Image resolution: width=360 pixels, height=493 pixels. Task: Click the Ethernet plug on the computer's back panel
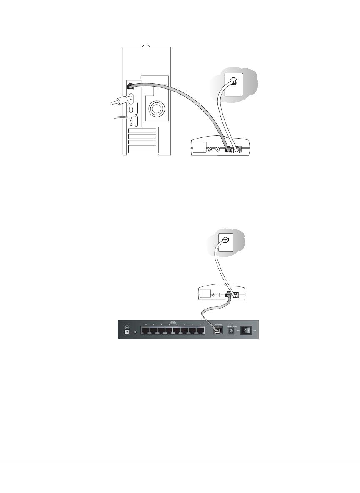130,87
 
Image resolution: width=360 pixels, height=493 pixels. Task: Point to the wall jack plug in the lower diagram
225,240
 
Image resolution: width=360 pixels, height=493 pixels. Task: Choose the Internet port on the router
217,331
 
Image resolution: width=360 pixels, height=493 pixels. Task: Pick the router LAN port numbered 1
201,331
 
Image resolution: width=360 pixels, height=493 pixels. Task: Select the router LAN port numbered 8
145,331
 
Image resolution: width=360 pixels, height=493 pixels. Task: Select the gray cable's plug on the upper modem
227,150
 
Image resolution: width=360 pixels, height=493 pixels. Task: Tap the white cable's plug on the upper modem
237,150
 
